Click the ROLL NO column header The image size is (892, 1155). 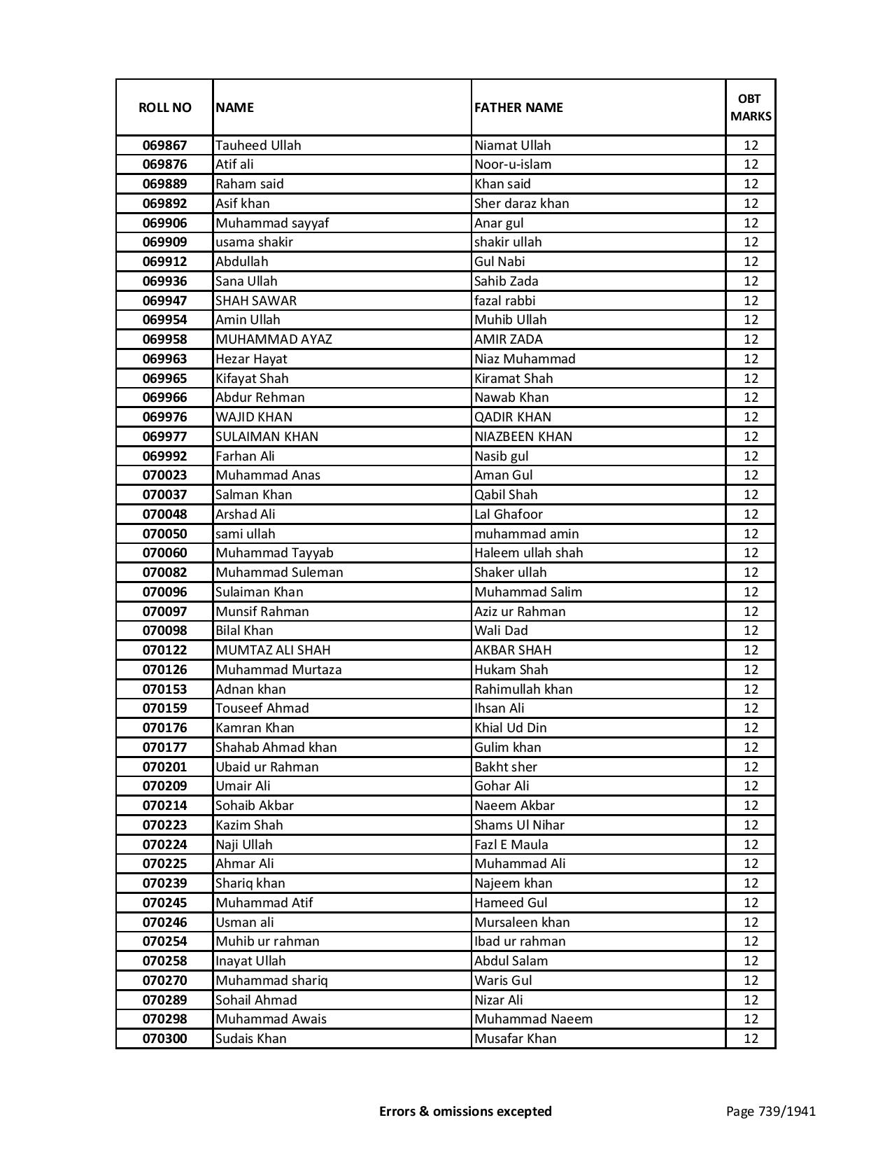point(164,107)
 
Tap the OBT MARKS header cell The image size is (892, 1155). point(751,107)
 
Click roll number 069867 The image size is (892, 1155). point(164,146)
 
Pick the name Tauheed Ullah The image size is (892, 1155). point(258,146)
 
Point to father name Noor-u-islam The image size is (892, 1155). point(513,164)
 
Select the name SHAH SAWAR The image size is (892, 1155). point(256,301)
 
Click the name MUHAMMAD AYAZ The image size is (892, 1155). point(274,339)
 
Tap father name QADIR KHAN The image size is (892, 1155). point(513,417)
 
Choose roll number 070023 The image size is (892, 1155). point(164,475)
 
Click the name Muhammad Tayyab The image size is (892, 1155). point(274,553)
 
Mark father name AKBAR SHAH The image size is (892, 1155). point(513,650)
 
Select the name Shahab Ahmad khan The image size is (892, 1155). point(276,748)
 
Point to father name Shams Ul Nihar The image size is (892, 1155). point(519,825)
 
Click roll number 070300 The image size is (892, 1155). point(164,1039)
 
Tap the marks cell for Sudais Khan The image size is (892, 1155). point(751,1039)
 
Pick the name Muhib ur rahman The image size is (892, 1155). point(267,941)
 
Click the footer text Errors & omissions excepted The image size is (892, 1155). point(465,1111)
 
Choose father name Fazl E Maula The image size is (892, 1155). point(511,845)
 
